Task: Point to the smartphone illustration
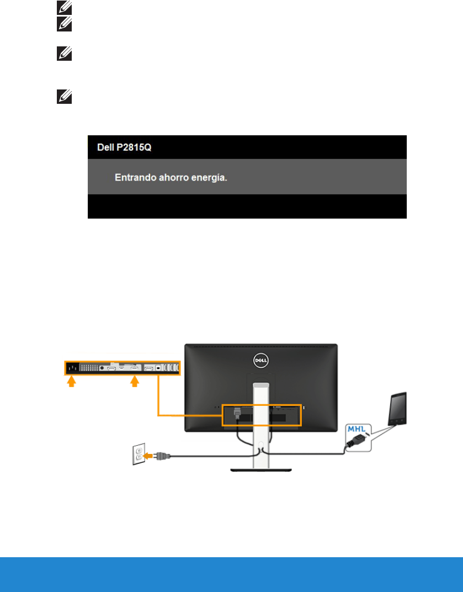tap(397, 409)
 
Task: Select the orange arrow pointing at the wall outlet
tap(148, 456)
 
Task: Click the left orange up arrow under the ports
tap(70, 382)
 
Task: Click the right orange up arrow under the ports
tap(134, 382)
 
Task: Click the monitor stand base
tap(260, 469)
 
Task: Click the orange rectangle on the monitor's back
tap(262, 415)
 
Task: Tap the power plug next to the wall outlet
tap(163, 456)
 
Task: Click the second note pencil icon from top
tap(62, 24)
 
